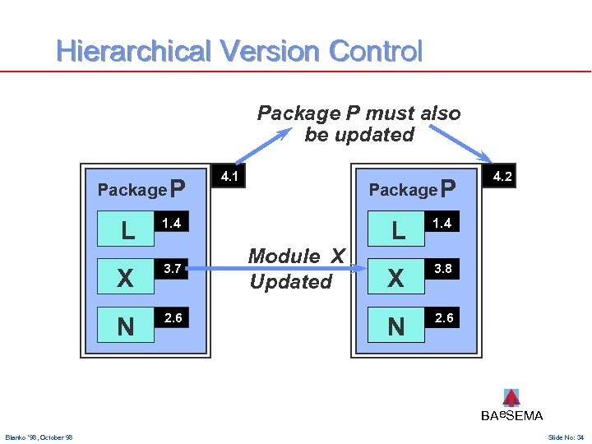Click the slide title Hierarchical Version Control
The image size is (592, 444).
[239, 52]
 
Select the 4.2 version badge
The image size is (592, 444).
[502, 176]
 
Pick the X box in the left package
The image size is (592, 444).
[126, 277]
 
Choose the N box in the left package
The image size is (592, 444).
[126, 326]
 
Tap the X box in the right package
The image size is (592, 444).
[397, 277]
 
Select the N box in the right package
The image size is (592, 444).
[397, 326]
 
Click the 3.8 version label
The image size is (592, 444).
[444, 268]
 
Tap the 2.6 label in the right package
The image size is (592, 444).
[444, 317]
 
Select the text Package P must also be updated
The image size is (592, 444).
[359, 123]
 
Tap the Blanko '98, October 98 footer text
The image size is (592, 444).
[39, 437]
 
